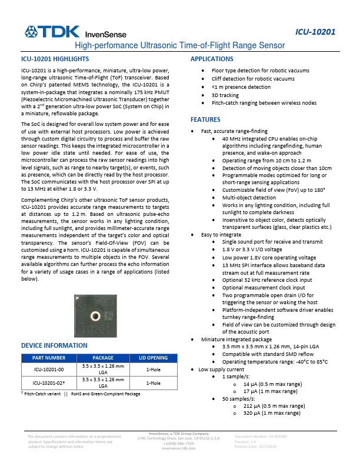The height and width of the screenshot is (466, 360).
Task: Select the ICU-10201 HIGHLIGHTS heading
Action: tap(55, 59)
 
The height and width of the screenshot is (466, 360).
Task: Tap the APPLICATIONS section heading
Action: tap(212, 59)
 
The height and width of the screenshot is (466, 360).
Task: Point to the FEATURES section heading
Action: tap(205, 119)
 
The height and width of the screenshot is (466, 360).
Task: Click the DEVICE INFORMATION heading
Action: tap(54, 345)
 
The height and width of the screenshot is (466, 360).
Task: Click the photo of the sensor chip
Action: tap(97, 316)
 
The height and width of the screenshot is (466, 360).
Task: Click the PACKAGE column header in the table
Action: tap(103, 358)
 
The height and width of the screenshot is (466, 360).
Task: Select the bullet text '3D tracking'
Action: tap(225, 95)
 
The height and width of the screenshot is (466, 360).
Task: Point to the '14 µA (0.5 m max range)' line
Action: tap(272, 383)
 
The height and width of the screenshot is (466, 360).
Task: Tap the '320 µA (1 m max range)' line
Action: tap(272, 413)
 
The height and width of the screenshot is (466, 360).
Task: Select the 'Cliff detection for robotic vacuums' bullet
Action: tap(253, 79)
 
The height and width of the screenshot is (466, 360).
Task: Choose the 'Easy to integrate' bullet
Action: tap(221, 234)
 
